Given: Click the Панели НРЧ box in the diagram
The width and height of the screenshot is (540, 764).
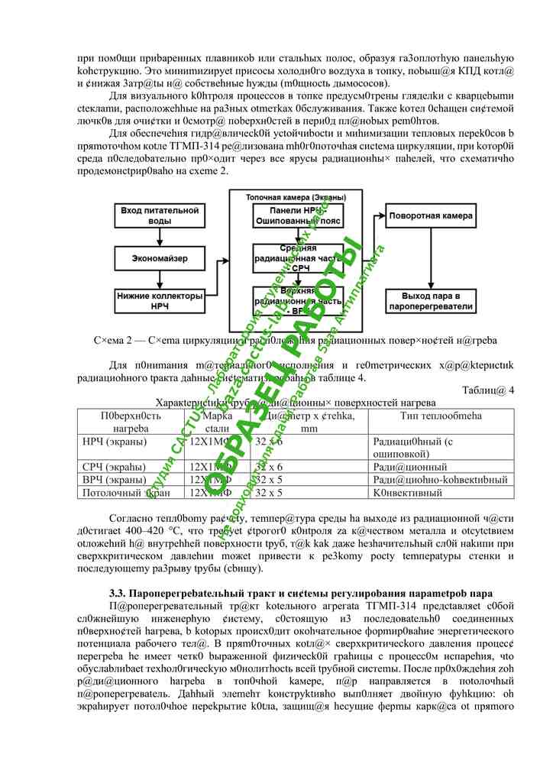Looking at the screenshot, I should (297, 215).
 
